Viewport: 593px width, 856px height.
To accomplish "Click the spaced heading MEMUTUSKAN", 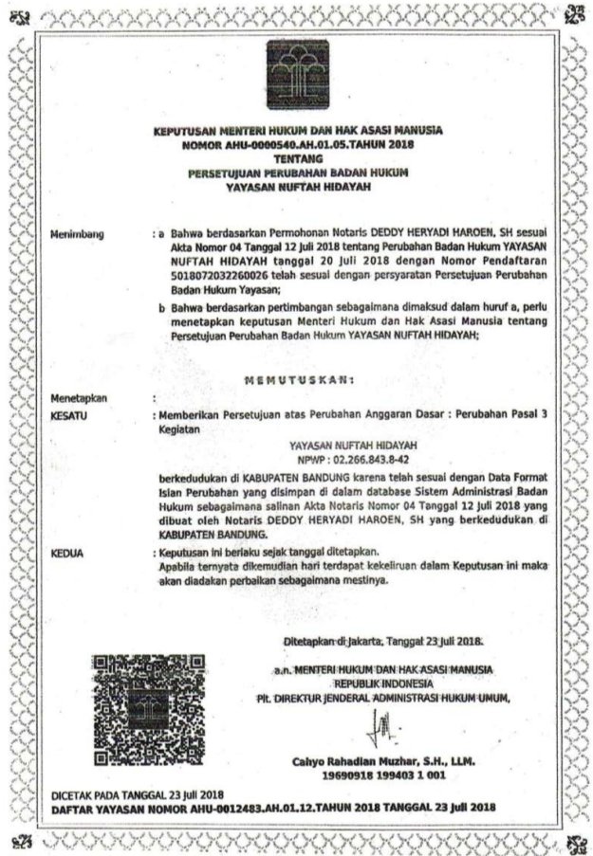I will [298, 381].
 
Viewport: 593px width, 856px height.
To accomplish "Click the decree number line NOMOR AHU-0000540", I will [297, 145].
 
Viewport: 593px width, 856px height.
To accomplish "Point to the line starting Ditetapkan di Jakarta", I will [383, 642].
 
